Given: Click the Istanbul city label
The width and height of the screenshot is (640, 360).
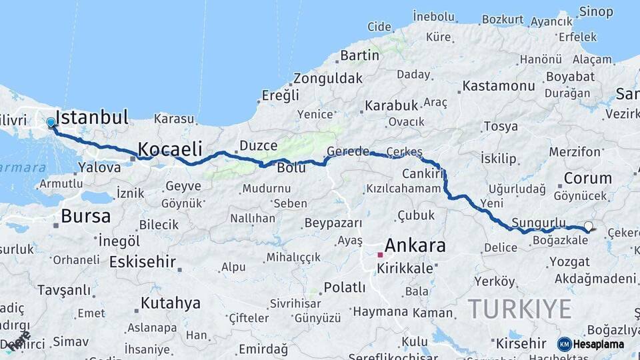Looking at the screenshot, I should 92,118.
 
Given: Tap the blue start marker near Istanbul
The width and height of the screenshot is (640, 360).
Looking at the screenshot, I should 51,123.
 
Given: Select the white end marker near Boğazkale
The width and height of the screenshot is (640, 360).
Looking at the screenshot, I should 589,227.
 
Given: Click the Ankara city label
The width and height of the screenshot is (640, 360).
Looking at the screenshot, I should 415,245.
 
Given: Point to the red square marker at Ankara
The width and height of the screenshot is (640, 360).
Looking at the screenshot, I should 380,255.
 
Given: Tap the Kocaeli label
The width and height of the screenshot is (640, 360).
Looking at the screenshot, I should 170,149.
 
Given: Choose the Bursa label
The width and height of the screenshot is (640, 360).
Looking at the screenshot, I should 85,216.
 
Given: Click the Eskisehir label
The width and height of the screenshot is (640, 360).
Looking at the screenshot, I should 143,261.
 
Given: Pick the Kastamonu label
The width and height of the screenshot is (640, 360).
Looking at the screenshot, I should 499,86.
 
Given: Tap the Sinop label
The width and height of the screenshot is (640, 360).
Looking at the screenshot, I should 596,11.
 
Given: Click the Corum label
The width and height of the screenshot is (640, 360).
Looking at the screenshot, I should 587,178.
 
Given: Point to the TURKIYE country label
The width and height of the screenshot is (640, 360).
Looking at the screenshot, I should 519,309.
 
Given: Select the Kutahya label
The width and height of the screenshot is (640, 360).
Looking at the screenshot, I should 170,303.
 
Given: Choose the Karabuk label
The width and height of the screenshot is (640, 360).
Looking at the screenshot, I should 391,105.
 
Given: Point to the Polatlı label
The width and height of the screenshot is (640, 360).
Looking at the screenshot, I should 344,288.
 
